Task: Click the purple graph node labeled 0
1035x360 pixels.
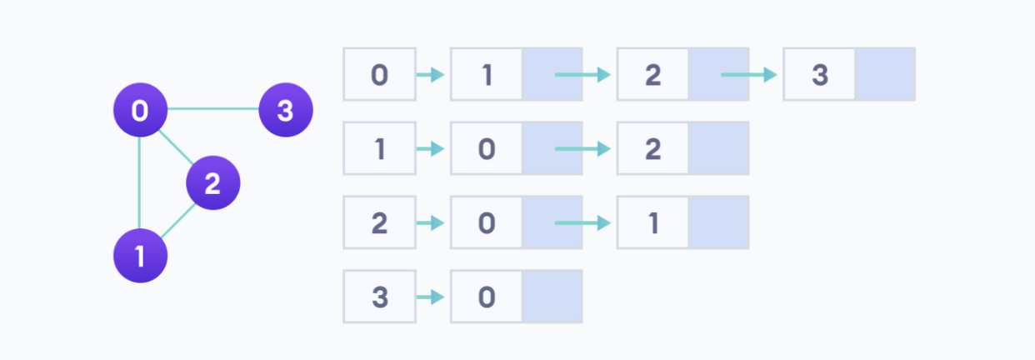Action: pyautogui.click(x=140, y=110)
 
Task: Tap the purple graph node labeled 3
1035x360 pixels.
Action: pyautogui.click(x=285, y=110)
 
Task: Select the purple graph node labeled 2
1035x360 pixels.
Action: pyautogui.click(x=212, y=182)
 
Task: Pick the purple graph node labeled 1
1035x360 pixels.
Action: pyautogui.click(x=140, y=256)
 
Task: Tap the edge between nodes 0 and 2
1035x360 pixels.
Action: pyautogui.click(x=176, y=147)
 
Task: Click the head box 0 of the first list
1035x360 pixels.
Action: pyautogui.click(x=379, y=75)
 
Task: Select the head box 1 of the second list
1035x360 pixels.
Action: pyautogui.click(x=379, y=149)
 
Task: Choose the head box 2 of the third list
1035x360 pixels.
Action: pyautogui.click(x=379, y=223)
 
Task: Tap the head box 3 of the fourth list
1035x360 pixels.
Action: pyautogui.click(x=379, y=297)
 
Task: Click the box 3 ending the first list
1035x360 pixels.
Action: pyautogui.click(x=819, y=75)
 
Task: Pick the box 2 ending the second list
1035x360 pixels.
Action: pyautogui.click(x=652, y=149)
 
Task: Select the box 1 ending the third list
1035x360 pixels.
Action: pyautogui.click(x=652, y=223)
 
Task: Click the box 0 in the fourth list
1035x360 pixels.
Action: pyautogui.click(x=486, y=297)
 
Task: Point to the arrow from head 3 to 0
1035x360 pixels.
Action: pyautogui.click(x=430, y=297)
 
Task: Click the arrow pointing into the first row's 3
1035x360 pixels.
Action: pyautogui.click(x=748, y=75)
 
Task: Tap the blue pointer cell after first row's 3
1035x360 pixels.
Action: pyautogui.click(x=885, y=75)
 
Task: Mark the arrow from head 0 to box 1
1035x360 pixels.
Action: pyautogui.click(x=430, y=75)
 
